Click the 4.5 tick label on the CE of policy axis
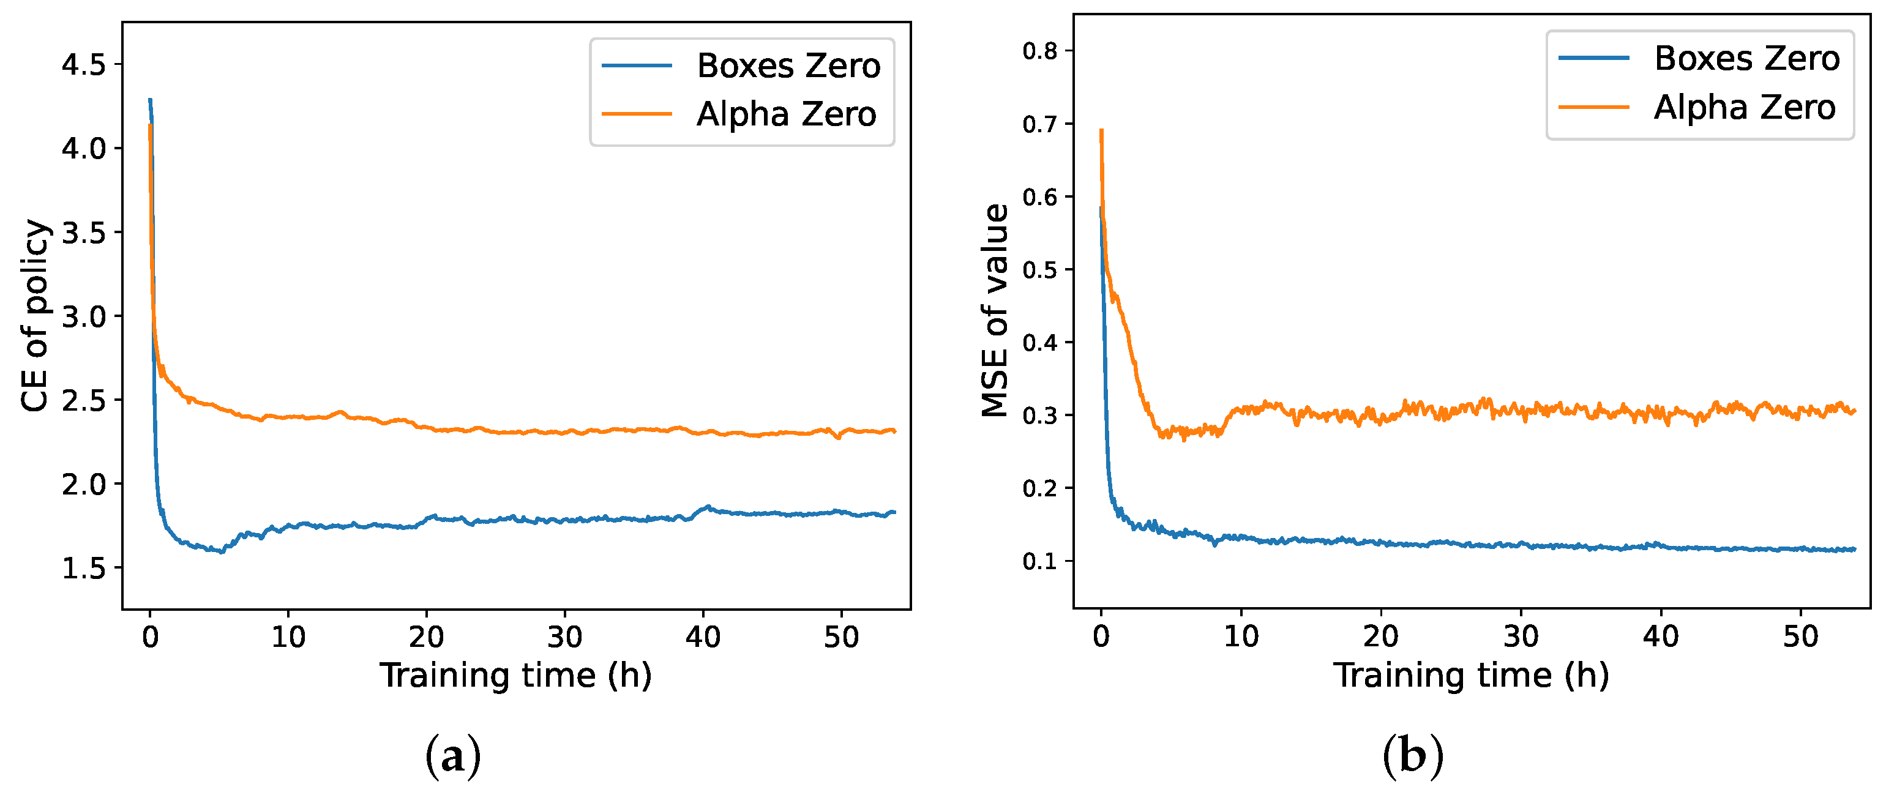click(83, 65)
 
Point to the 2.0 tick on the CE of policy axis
click(83, 485)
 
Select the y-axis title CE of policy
click(34, 316)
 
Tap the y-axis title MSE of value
click(995, 311)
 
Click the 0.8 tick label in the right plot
click(1039, 51)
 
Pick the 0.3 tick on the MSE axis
click(1039, 416)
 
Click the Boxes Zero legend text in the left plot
click(788, 66)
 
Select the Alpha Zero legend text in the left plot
click(787, 114)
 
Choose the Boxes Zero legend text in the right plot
click(1746, 59)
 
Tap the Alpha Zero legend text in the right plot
click(1745, 108)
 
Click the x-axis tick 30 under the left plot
click(564, 638)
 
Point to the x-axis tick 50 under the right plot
click(1800, 637)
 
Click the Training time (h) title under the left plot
click(515, 675)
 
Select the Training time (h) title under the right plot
click(1471, 675)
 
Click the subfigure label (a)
click(452, 756)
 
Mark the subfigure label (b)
click(1412, 756)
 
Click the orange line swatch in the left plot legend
click(636, 114)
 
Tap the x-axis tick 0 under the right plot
click(1101, 637)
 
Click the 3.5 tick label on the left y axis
click(83, 233)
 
